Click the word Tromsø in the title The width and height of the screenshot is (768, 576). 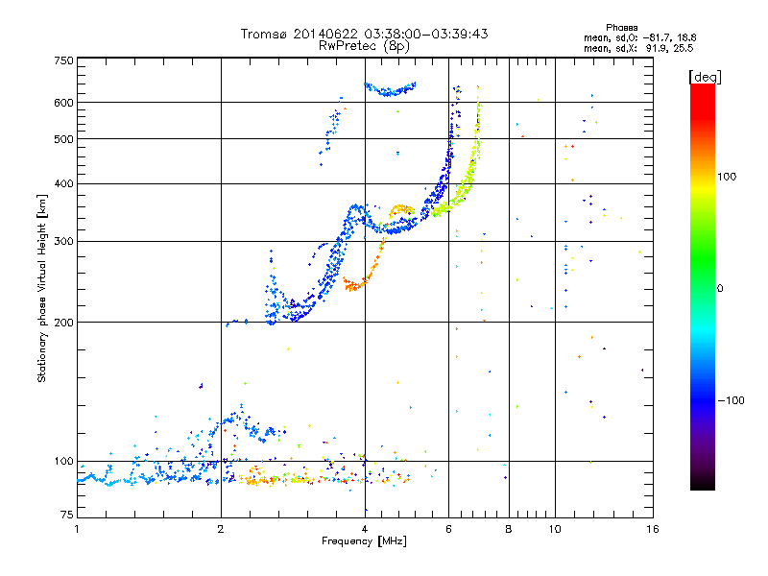[264, 34]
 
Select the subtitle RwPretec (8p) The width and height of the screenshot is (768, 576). [364, 45]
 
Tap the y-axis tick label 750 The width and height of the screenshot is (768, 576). [63, 60]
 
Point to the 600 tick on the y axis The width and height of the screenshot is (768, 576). [63, 103]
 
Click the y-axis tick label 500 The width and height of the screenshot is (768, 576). [63, 139]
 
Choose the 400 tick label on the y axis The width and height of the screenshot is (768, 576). [63, 184]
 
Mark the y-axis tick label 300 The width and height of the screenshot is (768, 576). [63, 242]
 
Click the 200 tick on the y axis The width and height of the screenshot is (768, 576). [63, 323]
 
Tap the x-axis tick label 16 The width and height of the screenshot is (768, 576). [652, 529]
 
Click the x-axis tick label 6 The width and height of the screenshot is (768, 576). [448, 529]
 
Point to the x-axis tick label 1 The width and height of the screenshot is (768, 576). [77, 529]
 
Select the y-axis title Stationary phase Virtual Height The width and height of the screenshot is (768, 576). [42, 288]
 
